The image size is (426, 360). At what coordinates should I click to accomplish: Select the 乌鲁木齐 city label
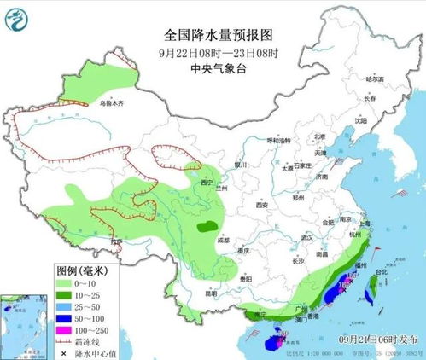coord(112,103)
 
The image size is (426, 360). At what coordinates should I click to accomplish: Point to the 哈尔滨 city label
coord(376,78)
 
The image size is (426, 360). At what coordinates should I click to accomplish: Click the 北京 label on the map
coord(319,136)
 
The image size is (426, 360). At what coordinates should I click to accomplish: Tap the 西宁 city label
coord(201,182)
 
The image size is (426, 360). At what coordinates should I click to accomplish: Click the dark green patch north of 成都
coord(206,227)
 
